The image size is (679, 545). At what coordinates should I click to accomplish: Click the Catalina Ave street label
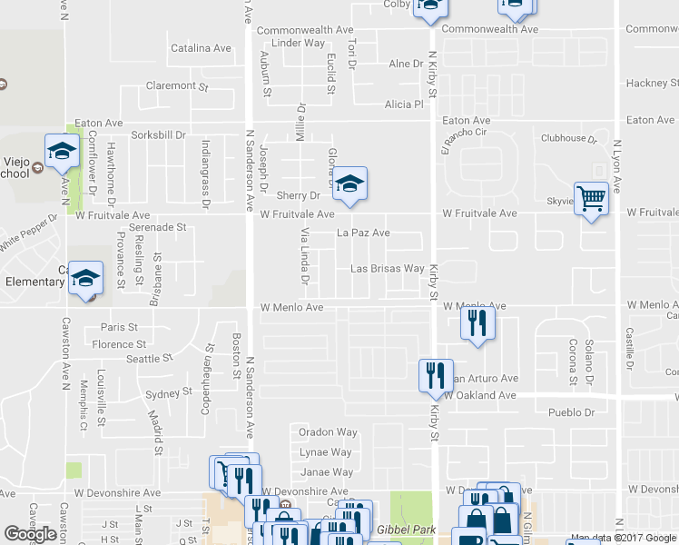[202, 48]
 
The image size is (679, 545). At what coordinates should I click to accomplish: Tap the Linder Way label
[298, 43]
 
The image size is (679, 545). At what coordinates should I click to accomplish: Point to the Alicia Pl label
[404, 104]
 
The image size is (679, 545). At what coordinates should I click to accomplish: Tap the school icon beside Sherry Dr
[349, 183]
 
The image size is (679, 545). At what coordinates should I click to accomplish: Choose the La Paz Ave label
[363, 233]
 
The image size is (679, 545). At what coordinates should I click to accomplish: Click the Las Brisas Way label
[388, 269]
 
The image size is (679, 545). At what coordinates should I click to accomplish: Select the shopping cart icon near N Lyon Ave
[591, 198]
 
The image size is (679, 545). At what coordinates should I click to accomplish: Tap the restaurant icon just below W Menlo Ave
[477, 322]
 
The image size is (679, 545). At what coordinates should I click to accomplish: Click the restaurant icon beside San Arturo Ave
[435, 374]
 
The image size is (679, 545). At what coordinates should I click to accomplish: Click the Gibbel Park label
[408, 529]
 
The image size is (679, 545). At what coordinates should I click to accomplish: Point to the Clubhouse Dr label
[568, 139]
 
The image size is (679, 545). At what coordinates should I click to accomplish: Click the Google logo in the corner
[30, 534]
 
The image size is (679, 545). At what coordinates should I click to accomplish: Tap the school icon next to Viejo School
[62, 151]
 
